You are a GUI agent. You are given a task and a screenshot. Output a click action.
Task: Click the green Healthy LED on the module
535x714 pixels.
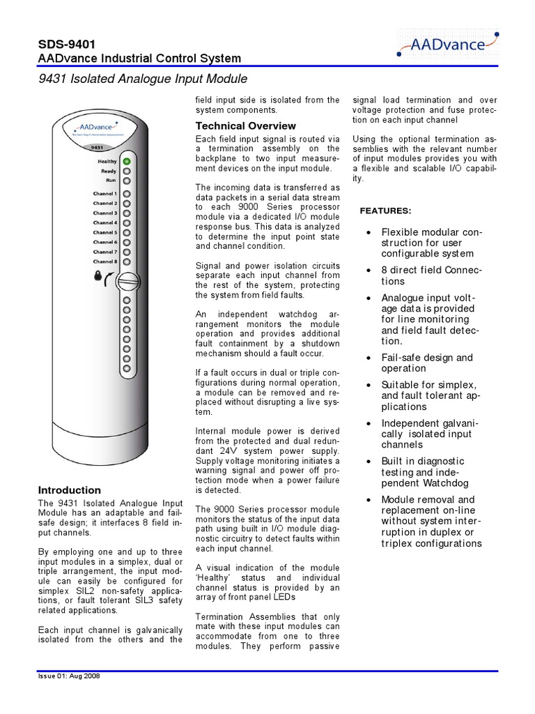(x=127, y=161)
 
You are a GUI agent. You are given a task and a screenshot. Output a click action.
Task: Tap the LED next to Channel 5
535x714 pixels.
(x=127, y=232)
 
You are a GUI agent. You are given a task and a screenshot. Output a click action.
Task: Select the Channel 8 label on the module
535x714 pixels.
(x=105, y=261)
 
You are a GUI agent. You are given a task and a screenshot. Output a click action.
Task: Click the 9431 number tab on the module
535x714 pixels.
(x=98, y=148)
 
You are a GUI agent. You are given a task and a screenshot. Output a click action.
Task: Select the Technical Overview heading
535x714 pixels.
(x=245, y=126)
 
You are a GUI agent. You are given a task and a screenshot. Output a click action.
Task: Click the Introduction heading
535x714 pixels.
(x=69, y=490)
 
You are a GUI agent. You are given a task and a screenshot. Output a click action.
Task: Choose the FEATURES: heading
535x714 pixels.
(x=385, y=211)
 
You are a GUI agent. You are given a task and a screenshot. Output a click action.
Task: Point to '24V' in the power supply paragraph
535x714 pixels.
(x=233, y=450)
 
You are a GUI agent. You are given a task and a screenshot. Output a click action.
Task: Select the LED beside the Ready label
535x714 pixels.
(x=127, y=171)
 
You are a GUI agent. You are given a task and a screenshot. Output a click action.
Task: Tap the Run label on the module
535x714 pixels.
(x=111, y=180)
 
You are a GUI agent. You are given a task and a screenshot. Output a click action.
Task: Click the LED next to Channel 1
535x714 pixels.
(x=127, y=194)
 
